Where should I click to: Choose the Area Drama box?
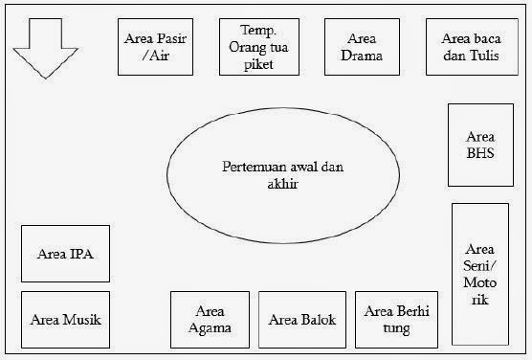point(361,47)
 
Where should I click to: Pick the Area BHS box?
point(480,145)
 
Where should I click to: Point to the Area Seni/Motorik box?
point(480,274)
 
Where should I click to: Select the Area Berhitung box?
point(395,320)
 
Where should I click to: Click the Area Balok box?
point(302,320)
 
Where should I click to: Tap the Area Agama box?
point(210,320)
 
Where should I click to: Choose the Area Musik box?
point(65,320)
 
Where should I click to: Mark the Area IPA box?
point(65,254)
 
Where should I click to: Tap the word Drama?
point(361,56)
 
